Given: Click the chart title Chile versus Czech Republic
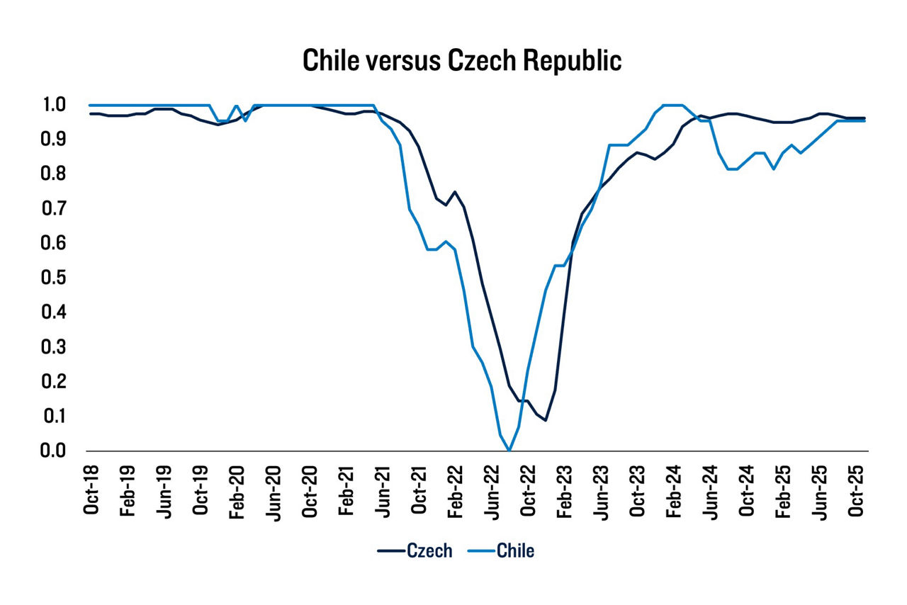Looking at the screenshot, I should [462, 61].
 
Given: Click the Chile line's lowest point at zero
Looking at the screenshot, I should [509, 450].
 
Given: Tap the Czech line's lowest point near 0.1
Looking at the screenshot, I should [545, 420].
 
